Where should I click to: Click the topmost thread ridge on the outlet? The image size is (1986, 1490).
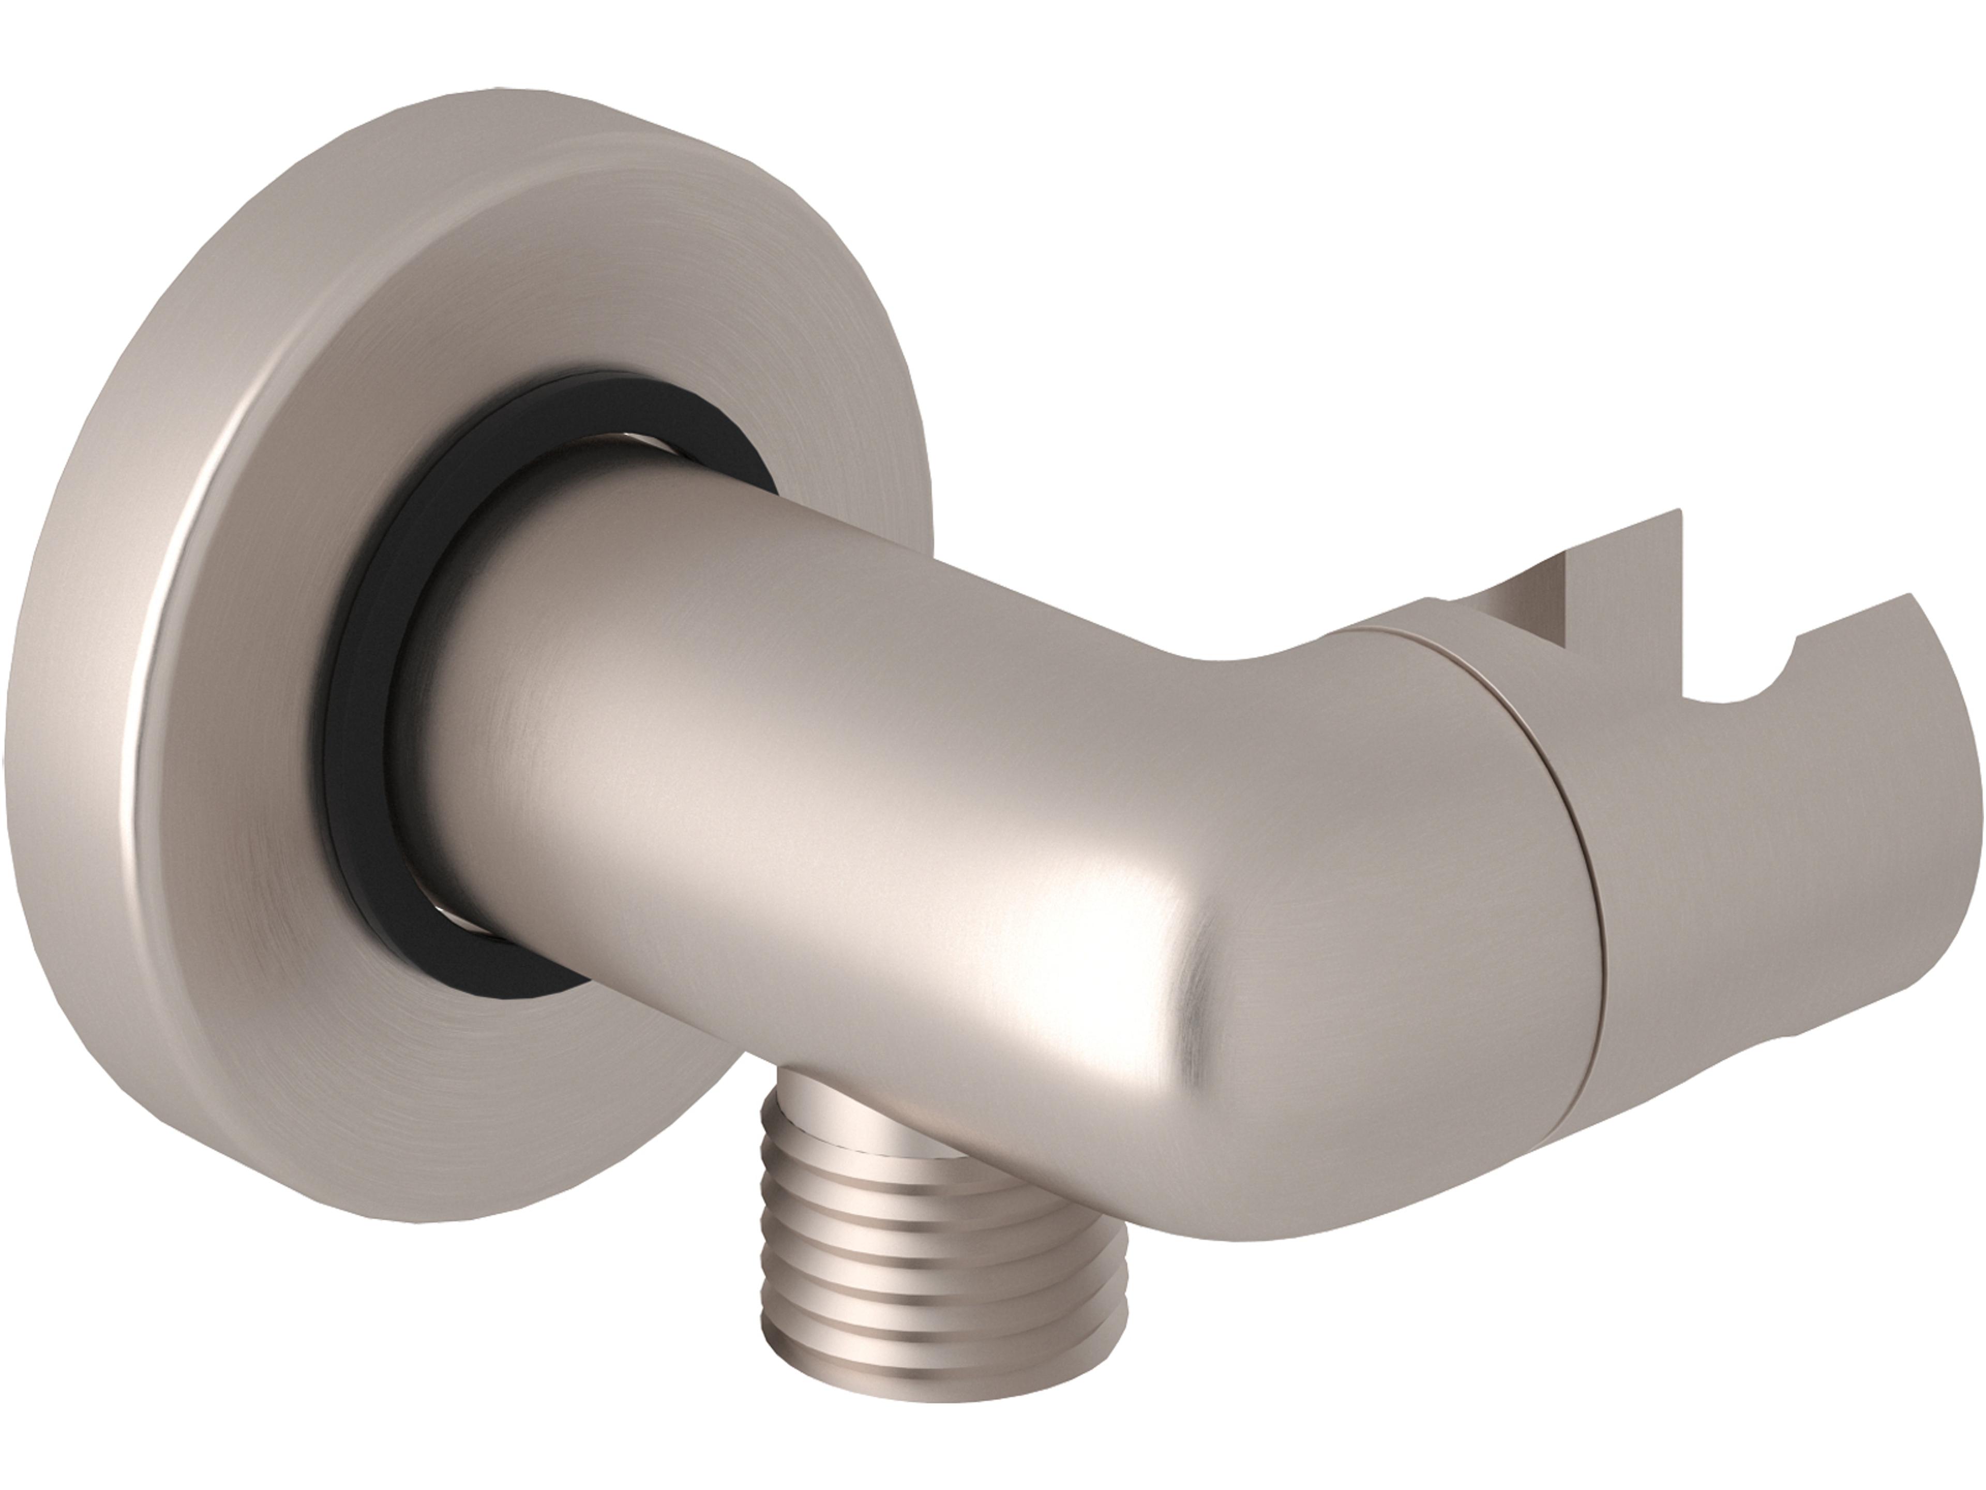(x=853, y=1168)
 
